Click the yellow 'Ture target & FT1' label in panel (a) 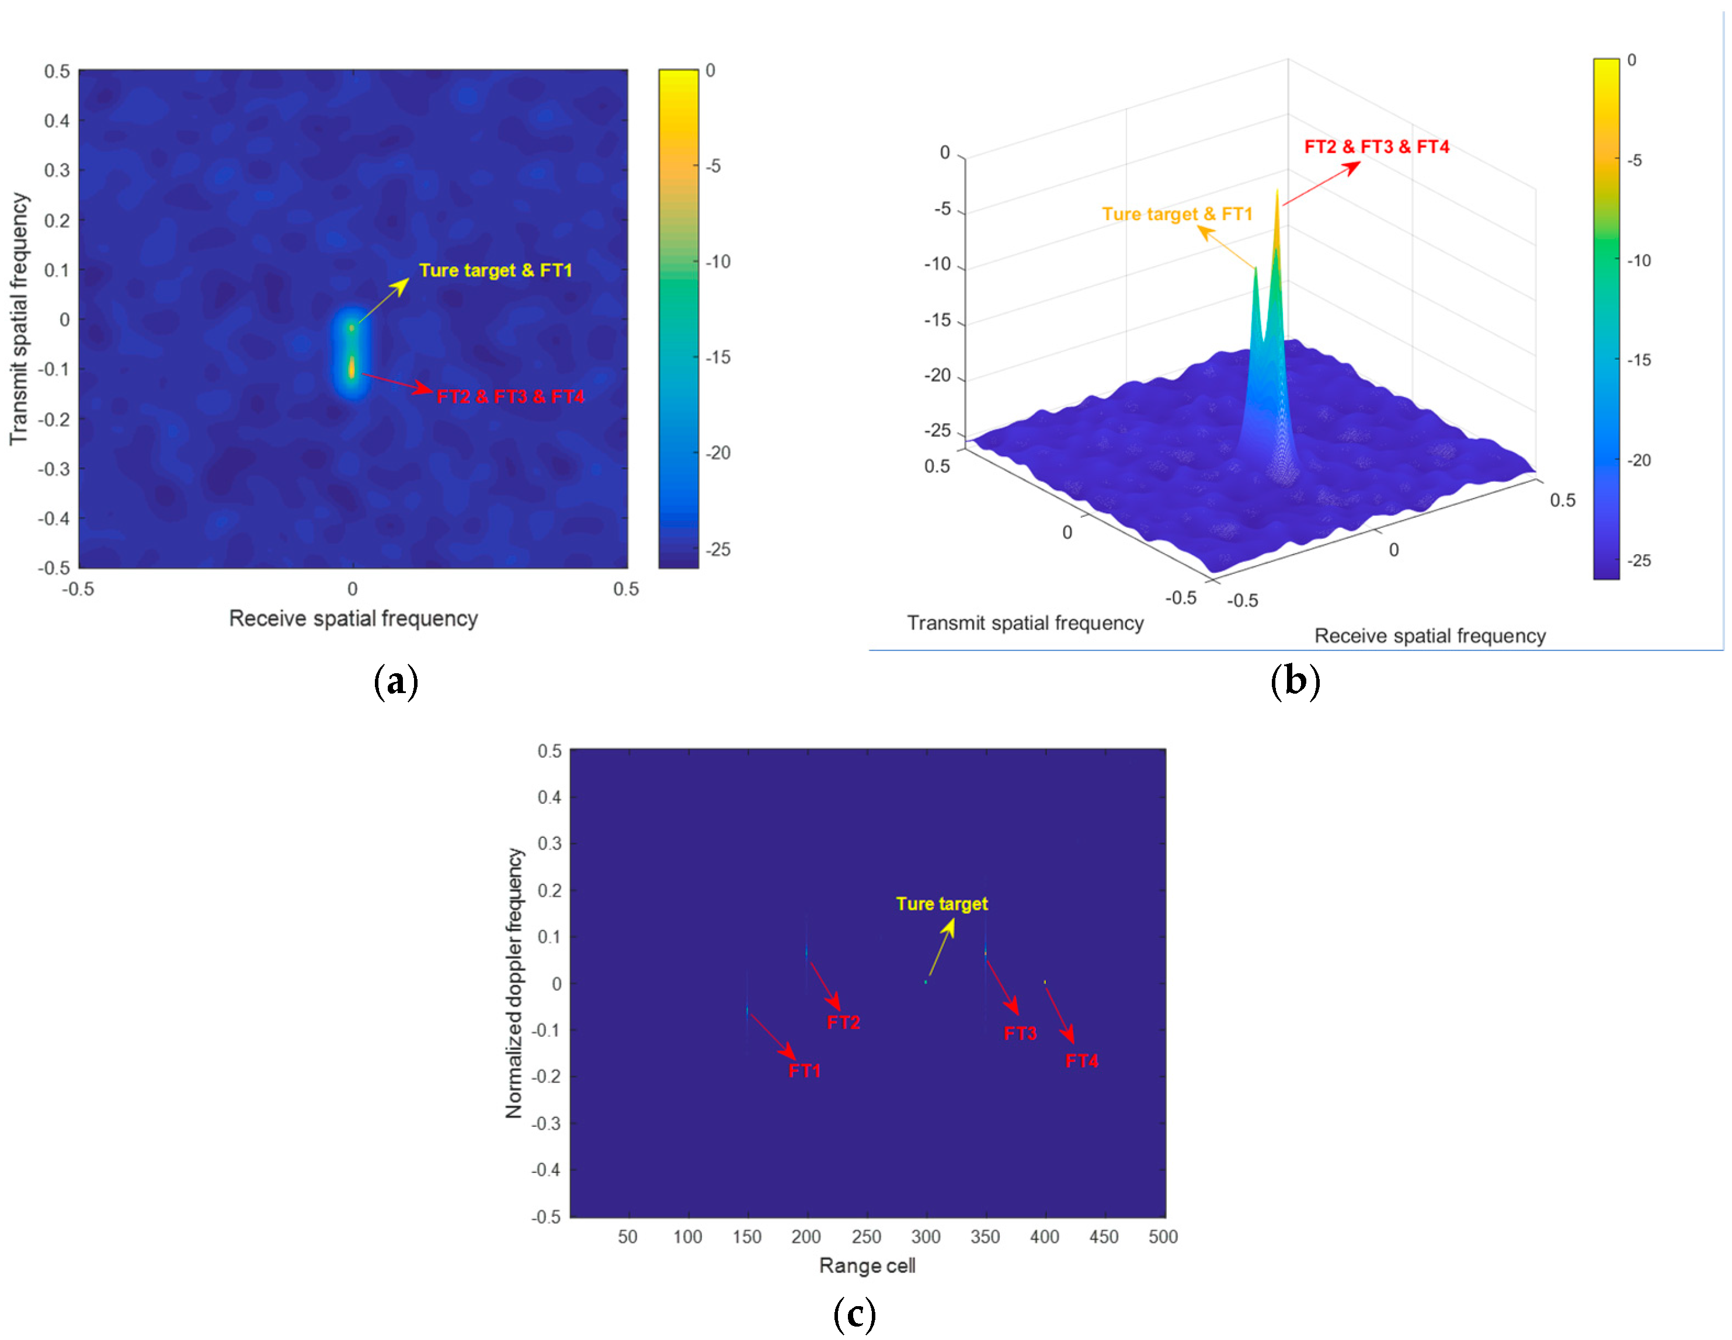(496, 270)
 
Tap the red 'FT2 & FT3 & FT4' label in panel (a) (511, 396)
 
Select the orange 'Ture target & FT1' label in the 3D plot (1177, 214)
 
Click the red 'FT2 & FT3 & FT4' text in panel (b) (1377, 147)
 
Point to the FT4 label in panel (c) (1081, 1061)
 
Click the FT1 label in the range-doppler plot (804, 1071)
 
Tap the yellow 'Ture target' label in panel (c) (941, 904)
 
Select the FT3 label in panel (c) (1020, 1033)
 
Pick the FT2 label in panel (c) (843, 1022)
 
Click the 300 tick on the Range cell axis (926, 1237)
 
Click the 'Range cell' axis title (867, 1265)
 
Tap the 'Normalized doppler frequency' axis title (514, 983)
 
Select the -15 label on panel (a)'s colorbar (718, 357)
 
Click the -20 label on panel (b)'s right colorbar (1639, 460)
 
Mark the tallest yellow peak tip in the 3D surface (1277, 191)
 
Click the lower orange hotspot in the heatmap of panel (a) (352, 367)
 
